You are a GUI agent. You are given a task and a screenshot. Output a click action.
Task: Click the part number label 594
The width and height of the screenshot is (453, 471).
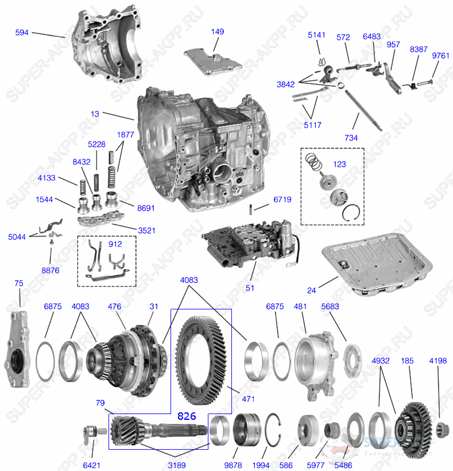pyautogui.click(x=22, y=33)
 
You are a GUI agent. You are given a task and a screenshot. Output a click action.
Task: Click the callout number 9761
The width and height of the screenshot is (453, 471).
pyautogui.click(x=440, y=56)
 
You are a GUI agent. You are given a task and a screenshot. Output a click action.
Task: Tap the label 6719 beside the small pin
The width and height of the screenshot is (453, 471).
pyautogui.click(x=282, y=200)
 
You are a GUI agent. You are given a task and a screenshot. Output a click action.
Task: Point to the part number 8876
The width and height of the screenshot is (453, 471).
pyautogui.click(x=50, y=270)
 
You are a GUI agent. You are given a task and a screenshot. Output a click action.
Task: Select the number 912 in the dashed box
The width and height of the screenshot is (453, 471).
pyautogui.click(x=115, y=244)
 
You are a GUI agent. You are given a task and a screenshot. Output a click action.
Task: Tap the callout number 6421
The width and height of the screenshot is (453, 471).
pyautogui.click(x=91, y=464)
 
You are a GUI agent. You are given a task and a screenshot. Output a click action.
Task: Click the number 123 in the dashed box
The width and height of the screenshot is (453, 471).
pyautogui.click(x=339, y=164)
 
